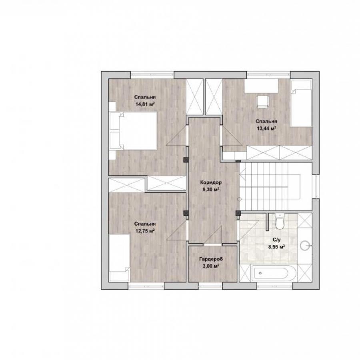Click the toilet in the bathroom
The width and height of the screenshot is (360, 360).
coord(280,221)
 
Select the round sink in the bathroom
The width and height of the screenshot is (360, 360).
coord(306,246)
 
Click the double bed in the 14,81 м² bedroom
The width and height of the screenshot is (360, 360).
coord(133,131)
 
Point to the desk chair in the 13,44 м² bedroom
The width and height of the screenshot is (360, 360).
coord(262,102)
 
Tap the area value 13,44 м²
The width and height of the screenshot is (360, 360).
coord(266,128)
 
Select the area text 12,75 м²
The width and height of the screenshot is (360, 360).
coord(145,231)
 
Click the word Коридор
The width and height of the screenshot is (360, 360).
coord(211,183)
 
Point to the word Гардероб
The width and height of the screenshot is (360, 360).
coord(211,259)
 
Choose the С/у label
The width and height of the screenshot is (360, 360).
coord(277,240)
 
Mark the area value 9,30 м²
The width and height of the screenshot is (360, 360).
coord(210,190)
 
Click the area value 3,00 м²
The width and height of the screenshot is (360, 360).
coord(210,266)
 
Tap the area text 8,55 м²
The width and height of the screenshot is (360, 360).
coord(277,247)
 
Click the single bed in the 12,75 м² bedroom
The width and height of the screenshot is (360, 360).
coord(119,258)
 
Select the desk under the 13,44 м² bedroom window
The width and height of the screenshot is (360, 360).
coord(261,86)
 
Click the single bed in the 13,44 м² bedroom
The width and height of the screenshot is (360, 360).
coord(301,103)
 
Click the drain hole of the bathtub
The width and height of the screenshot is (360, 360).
coord(260,273)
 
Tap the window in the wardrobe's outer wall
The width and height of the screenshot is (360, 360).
coord(210,286)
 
